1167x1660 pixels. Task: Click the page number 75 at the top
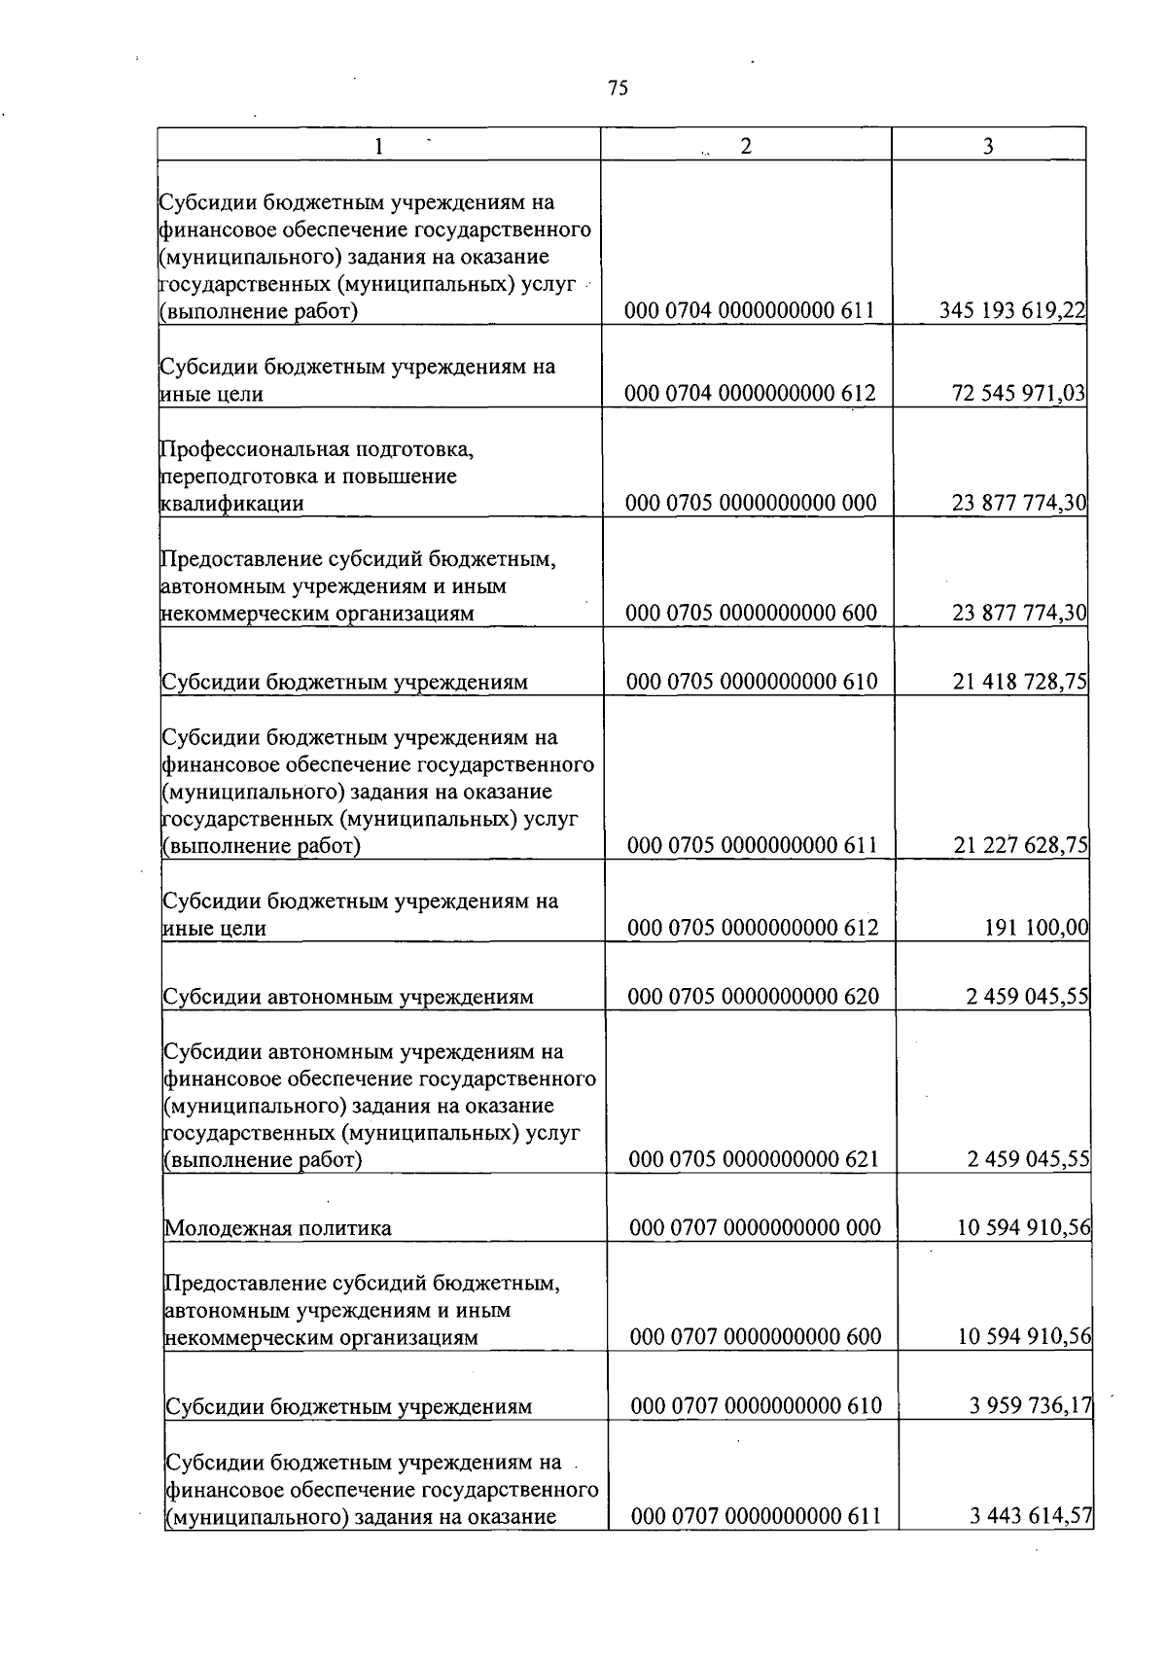618,88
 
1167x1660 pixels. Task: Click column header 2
745,146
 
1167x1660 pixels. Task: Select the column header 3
988,147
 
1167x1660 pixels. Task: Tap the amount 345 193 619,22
1012,311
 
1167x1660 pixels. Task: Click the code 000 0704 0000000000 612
750,393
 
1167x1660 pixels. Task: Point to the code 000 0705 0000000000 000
751,503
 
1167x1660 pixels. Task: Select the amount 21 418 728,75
1020,682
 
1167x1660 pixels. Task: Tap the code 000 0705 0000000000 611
753,845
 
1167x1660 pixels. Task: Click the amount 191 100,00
1037,928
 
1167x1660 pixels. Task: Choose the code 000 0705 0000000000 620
753,996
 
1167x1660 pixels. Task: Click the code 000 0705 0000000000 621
754,1159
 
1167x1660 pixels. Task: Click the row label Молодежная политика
278,1228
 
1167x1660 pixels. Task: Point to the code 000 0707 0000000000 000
755,1227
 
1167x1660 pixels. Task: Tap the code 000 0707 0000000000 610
756,1406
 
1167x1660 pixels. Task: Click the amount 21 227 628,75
1021,845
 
